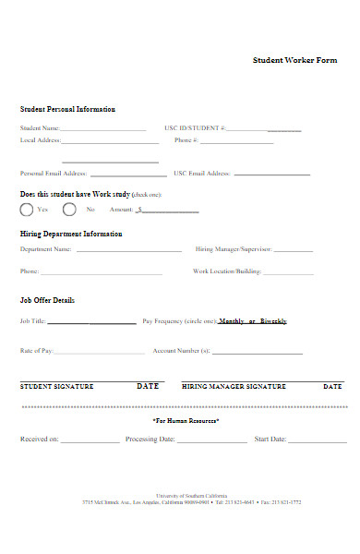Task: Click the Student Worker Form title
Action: (x=294, y=60)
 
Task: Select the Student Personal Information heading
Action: (x=67, y=110)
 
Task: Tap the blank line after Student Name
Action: (x=103, y=130)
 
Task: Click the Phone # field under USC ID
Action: (x=236, y=143)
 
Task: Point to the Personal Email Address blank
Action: (x=128, y=175)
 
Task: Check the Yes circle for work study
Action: (x=27, y=210)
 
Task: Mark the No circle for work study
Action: (x=69, y=210)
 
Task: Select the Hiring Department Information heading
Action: (x=71, y=235)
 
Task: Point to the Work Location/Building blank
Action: (x=289, y=274)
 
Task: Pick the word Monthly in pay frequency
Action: (x=232, y=321)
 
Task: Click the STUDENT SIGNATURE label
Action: (x=56, y=387)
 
